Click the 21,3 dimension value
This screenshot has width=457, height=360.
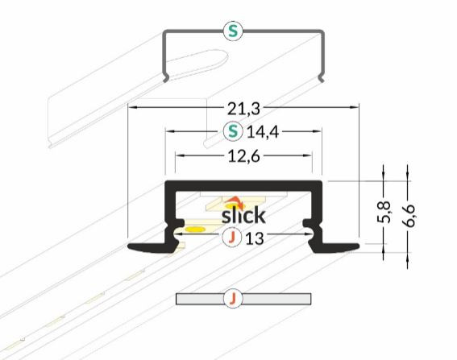point(243,109)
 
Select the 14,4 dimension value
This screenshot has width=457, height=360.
point(263,132)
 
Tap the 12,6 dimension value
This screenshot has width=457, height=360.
point(243,156)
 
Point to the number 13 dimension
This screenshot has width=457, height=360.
point(255,238)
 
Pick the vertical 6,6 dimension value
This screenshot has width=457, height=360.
point(408,215)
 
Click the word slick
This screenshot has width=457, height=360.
point(243,215)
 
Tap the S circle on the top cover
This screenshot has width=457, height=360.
point(233,31)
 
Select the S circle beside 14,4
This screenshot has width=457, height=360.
point(233,131)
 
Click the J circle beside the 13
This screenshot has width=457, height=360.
point(231,238)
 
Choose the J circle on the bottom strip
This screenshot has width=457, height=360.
point(233,298)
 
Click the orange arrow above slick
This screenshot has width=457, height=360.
point(235,202)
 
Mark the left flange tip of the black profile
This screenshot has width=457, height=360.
point(129,246)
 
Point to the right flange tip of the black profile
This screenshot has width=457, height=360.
point(358,246)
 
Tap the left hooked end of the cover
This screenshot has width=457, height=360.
point(165,79)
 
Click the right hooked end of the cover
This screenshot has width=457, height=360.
point(321,79)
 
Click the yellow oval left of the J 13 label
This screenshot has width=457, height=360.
point(195,230)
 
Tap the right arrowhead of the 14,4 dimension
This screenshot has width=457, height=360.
point(317,131)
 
